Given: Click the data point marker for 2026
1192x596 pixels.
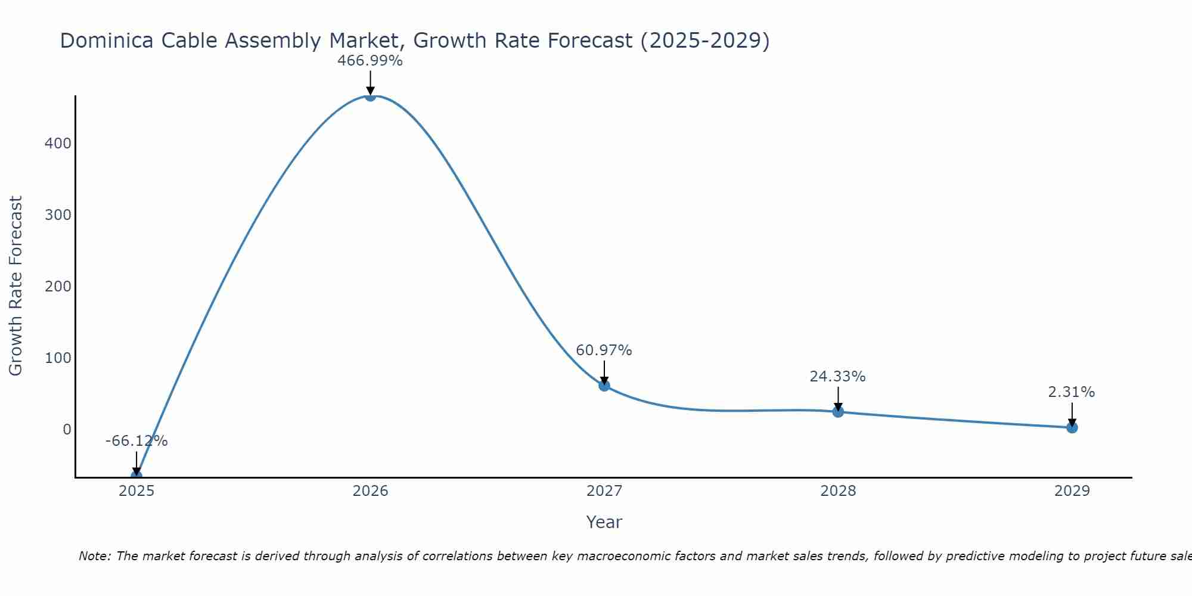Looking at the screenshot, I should tap(370, 96).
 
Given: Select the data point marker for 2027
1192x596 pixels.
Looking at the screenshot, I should tap(604, 386).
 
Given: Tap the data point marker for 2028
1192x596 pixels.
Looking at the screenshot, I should tap(838, 412).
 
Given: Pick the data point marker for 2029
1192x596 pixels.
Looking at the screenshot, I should tap(1072, 427).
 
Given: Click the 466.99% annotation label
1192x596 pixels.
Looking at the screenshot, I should tap(370, 61).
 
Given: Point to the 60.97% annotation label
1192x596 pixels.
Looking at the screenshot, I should tap(604, 350).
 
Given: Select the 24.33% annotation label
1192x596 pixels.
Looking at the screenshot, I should tap(837, 377).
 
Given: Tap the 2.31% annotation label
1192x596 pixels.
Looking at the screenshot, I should tap(1071, 392).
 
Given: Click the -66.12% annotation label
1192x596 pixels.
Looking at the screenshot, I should tap(136, 441).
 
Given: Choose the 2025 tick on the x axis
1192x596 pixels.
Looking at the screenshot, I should tap(136, 491).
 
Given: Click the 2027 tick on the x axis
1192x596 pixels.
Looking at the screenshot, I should tap(604, 491).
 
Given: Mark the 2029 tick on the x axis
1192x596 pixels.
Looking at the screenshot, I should tap(1072, 491).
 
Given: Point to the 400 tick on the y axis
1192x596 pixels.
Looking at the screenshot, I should tap(58, 144).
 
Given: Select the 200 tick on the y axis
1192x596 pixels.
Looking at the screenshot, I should tap(58, 287).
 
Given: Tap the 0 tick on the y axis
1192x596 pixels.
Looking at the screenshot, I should tap(67, 430).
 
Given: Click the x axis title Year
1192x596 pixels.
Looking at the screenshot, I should tap(604, 522).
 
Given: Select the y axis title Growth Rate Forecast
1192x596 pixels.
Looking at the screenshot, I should tap(16, 286).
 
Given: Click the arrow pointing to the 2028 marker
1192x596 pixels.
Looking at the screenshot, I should tap(838, 398).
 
